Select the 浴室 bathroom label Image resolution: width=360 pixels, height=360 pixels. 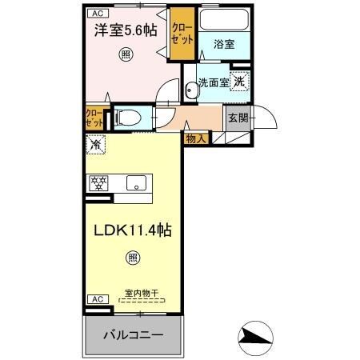(x=223, y=45)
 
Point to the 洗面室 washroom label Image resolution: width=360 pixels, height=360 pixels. (x=214, y=82)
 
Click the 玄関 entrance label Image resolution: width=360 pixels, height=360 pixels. (x=238, y=117)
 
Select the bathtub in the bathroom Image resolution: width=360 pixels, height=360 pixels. (x=224, y=22)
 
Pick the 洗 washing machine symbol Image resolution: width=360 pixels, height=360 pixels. (x=240, y=81)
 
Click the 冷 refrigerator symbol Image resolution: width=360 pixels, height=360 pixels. (x=96, y=146)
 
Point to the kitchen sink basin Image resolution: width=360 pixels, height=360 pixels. (x=134, y=182)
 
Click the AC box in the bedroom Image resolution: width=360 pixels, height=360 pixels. (x=96, y=14)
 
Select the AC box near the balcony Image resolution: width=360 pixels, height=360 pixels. (x=96, y=298)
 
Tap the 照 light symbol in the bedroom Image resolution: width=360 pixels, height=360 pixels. (x=126, y=54)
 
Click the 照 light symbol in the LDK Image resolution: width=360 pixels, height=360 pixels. (x=131, y=258)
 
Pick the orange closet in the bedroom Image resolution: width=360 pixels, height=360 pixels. (x=179, y=37)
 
